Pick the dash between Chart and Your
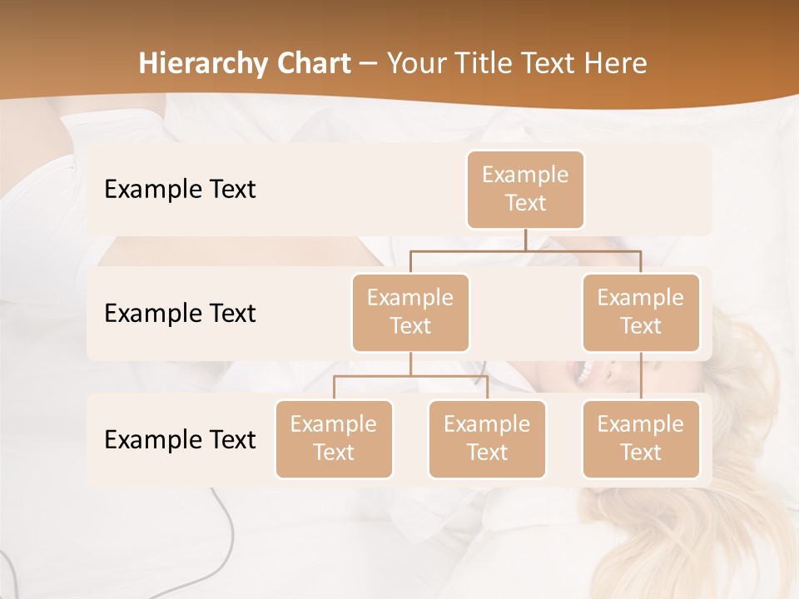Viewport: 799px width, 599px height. click(368, 64)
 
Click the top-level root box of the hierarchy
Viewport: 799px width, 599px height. click(525, 190)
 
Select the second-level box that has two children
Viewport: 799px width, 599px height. click(410, 312)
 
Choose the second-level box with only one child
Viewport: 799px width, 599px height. click(641, 312)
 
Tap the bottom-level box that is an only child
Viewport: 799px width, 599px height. click(641, 438)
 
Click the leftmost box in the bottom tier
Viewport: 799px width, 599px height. click(334, 438)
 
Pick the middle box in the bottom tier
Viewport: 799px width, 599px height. click(487, 438)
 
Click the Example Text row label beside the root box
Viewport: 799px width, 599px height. click(180, 190)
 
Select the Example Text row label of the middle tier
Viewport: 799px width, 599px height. click(180, 314)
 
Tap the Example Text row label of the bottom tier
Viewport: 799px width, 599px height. click(180, 439)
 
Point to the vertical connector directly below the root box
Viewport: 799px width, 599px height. click(525, 240)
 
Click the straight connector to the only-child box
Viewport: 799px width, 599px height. click(641, 376)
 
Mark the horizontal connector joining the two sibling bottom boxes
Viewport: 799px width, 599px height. click(410, 376)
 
